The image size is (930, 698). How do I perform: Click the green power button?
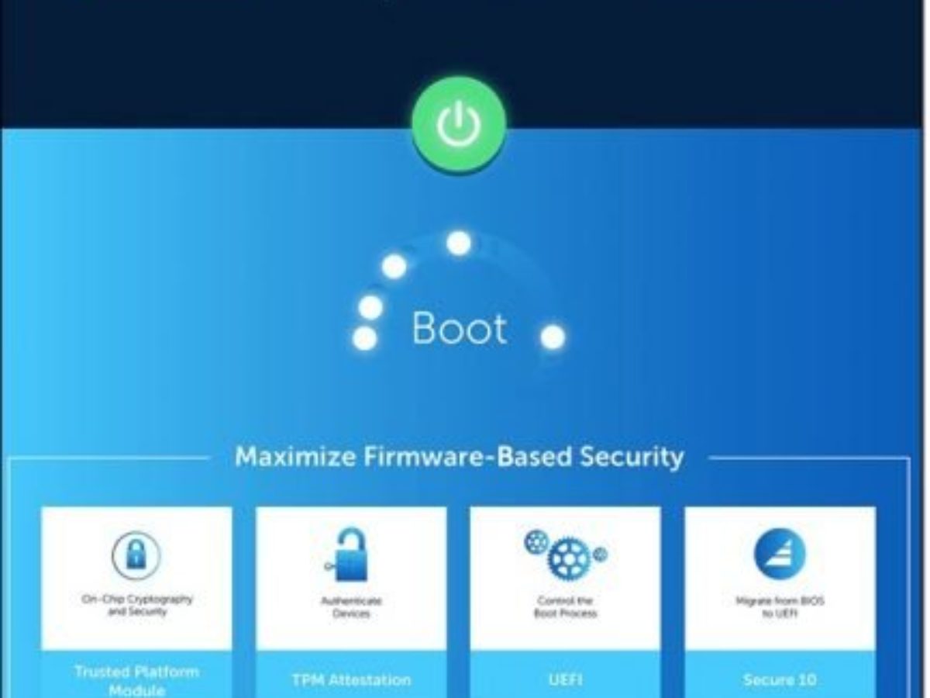tap(459, 124)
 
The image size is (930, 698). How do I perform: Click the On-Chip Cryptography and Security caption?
tap(136, 605)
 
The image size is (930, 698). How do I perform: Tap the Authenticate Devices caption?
tap(351, 606)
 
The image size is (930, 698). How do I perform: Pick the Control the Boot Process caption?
tap(565, 606)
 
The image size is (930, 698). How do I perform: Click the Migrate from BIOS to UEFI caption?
tap(780, 606)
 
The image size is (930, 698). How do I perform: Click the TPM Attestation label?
tap(351, 680)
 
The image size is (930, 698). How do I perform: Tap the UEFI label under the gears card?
tap(565, 680)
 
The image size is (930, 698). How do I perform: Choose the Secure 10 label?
tap(780, 680)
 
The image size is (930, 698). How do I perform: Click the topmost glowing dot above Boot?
tap(459, 243)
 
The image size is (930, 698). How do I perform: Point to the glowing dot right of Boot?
tap(553, 337)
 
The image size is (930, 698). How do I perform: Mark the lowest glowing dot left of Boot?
tap(364, 338)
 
